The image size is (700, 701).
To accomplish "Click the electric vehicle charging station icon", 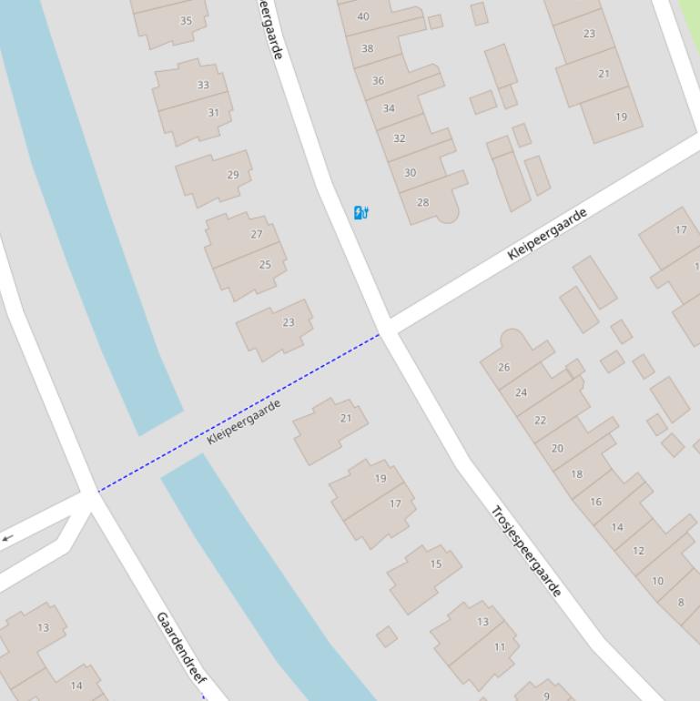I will [360, 213].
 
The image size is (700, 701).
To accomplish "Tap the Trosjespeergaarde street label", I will [526, 551].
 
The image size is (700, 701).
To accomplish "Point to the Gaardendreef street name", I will [181, 648].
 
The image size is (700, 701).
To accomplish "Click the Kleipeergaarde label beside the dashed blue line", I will [244, 422].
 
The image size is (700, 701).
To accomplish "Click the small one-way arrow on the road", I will [7, 538].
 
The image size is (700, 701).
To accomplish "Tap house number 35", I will [186, 21].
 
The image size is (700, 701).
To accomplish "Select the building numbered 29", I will [233, 175].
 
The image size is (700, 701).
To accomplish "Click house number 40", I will [363, 16].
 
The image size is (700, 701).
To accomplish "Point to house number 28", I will [422, 202].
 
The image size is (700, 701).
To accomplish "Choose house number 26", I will [503, 367].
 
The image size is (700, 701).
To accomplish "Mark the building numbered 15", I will [435, 564].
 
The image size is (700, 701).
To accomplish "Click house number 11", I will [500, 647].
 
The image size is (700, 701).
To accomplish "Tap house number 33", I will [203, 85].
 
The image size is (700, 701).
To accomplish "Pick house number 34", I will [389, 108].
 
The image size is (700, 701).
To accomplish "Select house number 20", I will [557, 448].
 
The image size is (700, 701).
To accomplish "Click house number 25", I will [265, 265].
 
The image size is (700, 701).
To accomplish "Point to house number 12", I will [638, 550].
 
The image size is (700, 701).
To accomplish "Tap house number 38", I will [367, 49].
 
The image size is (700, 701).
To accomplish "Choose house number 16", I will [595, 502].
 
